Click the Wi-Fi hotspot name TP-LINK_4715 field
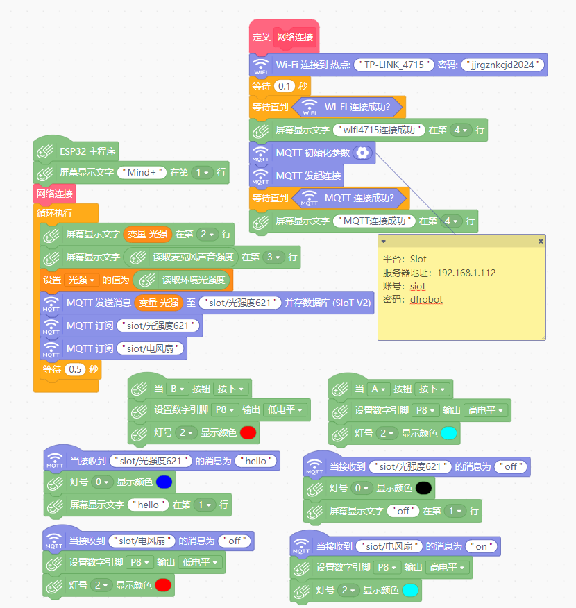tap(393, 65)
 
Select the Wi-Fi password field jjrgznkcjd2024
tap(502, 65)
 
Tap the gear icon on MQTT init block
tap(362, 153)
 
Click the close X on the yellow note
tap(541, 241)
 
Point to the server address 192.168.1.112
tap(466, 273)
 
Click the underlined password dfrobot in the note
tap(426, 300)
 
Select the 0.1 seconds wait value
tap(284, 86)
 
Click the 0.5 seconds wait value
tap(75, 369)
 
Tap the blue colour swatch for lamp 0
tap(164, 482)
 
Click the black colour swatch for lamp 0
tap(423, 488)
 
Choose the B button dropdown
tap(177, 389)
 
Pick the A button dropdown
tap(378, 389)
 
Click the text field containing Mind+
tap(142, 172)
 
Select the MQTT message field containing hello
tap(256, 461)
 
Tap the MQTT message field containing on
tap(482, 546)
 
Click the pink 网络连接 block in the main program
tap(55, 194)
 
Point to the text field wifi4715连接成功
tap(379, 130)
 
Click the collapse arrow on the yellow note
tap(383, 241)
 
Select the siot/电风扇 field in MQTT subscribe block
tap(150, 348)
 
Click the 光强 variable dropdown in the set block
tap(81, 280)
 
